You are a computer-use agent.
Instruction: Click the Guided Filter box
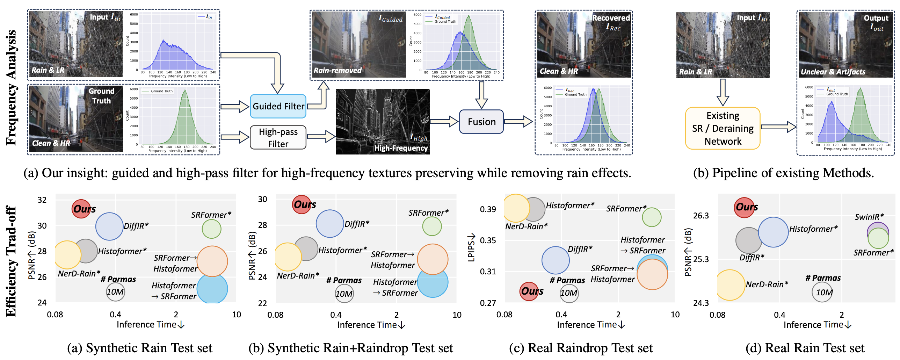[x=278, y=106]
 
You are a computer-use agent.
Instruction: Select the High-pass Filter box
[x=278, y=138]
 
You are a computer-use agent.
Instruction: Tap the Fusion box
[x=481, y=122]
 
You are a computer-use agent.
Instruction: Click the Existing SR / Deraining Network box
[x=723, y=128]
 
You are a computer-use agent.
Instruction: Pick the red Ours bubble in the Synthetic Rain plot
[x=81, y=209]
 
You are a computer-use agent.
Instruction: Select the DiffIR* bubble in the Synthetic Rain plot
[x=109, y=226]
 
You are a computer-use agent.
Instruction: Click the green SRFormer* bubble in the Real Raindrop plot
[x=652, y=217]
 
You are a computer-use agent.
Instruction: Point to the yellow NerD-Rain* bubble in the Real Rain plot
[x=730, y=285]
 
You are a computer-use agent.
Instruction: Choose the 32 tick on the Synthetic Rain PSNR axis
[x=42, y=200]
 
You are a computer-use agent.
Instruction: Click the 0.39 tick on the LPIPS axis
[x=488, y=209]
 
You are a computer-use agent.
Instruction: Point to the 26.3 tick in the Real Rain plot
[x=701, y=216]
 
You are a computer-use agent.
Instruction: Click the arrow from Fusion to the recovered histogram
[x=518, y=122]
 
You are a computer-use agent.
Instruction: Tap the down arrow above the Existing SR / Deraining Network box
[x=723, y=92]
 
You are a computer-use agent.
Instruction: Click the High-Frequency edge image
[x=383, y=121]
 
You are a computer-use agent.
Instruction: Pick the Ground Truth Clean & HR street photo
[x=76, y=119]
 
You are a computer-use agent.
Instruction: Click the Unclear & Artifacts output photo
[x=845, y=44]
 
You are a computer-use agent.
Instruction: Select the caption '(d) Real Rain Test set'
[x=805, y=348]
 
